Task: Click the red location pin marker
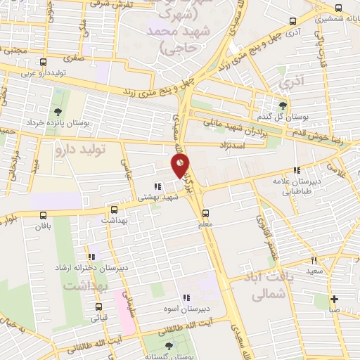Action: pos(181,165)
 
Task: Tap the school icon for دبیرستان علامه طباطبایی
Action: pos(297,170)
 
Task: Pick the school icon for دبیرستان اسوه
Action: pos(186,297)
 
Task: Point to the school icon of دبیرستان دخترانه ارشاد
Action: pos(90,257)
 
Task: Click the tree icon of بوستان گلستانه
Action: pos(168,346)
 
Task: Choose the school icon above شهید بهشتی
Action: pos(157,187)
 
